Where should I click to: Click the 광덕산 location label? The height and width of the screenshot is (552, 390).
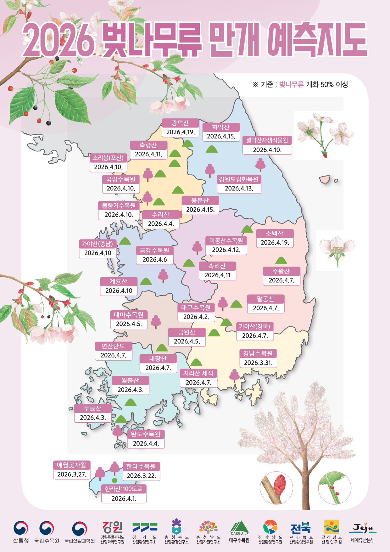[x=180, y=123]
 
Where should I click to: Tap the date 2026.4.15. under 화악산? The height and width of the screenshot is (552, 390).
[x=221, y=136]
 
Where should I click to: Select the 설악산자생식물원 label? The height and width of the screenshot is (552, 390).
[x=267, y=140]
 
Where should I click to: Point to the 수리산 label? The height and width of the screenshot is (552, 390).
[x=160, y=215]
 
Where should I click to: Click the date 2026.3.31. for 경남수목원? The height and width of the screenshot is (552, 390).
[x=258, y=363]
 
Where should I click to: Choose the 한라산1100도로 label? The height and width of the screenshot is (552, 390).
[x=124, y=489]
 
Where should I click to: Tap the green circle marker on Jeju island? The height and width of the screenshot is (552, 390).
[x=114, y=480]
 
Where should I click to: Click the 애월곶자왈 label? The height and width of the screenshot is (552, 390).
[x=72, y=465]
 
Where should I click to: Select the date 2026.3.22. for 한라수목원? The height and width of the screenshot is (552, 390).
[x=141, y=476]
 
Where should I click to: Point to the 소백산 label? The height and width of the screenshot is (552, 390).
[x=275, y=234]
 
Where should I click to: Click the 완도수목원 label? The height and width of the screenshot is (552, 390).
[x=146, y=434]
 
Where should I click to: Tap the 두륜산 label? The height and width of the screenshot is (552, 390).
[x=92, y=408]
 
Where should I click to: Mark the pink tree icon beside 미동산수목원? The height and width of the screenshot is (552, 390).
[x=197, y=247]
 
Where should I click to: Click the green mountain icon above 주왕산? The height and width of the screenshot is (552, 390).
[x=281, y=260]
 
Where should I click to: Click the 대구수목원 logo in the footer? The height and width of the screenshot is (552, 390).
[x=239, y=528]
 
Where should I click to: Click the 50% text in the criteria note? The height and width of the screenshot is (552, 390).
[x=327, y=84]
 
